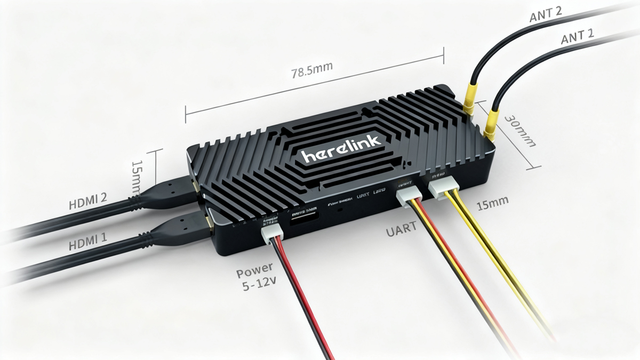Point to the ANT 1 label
[x=579, y=38]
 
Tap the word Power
[x=255, y=267]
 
